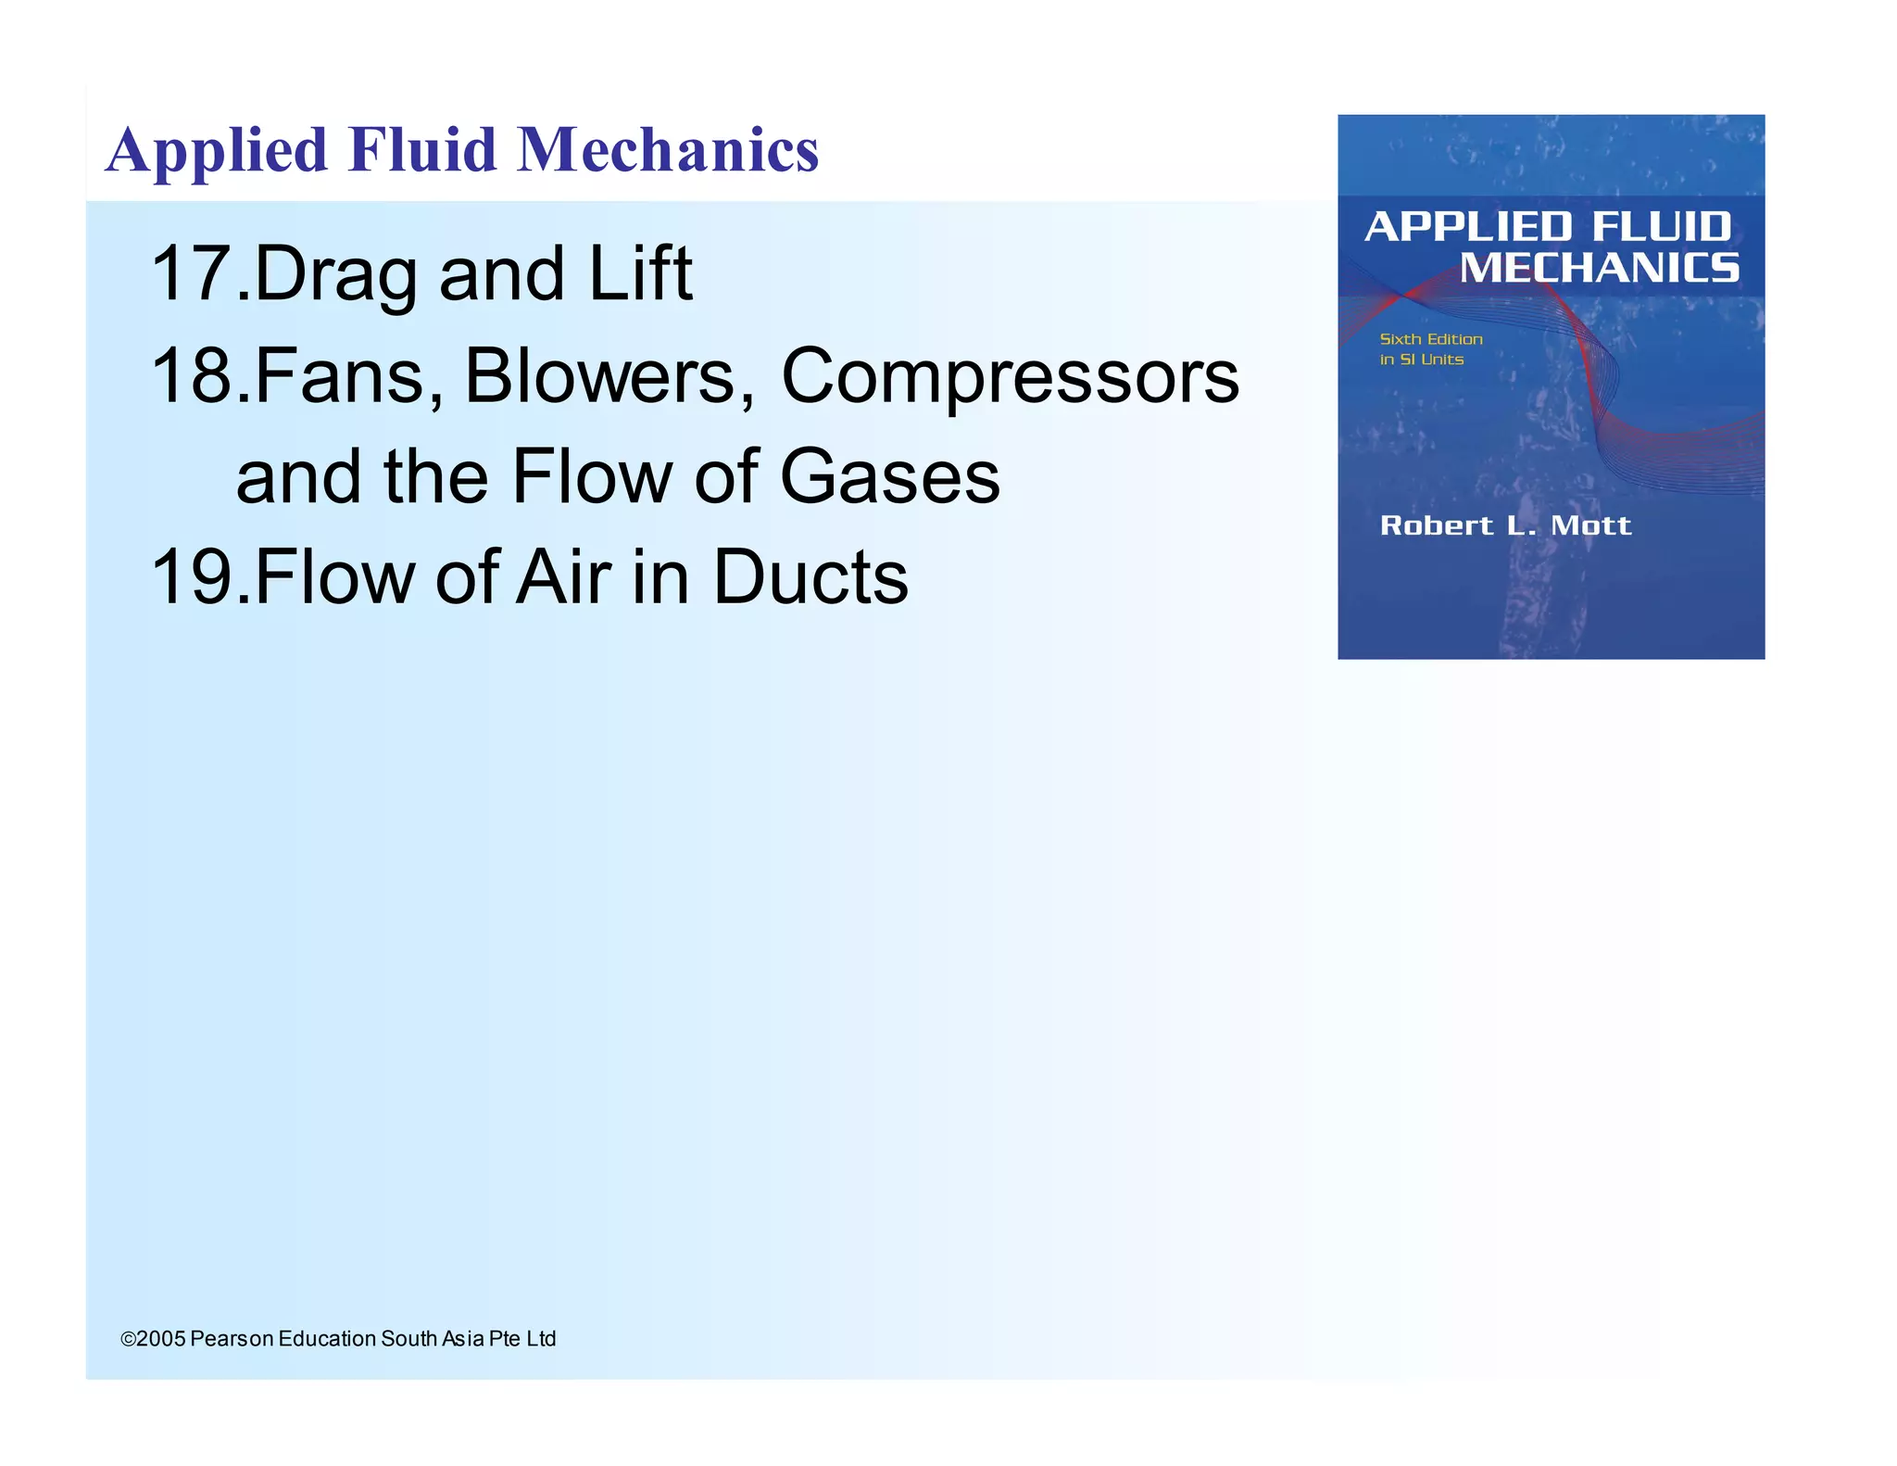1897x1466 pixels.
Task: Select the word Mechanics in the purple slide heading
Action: (x=667, y=149)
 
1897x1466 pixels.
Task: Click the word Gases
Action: (x=889, y=476)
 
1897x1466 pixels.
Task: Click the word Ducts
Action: (x=810, y=576)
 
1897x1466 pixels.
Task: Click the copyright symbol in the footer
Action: (x=128, y=1339)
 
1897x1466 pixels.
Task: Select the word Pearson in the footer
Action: (x=232, y=1339)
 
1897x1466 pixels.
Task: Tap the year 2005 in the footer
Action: (x=161, y=1339)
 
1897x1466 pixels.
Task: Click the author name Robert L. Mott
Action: (x=1505, y=525)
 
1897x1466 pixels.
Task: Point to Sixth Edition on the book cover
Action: (x=1431, y=339)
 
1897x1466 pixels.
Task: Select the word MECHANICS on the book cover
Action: (x=1600, y=269)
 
